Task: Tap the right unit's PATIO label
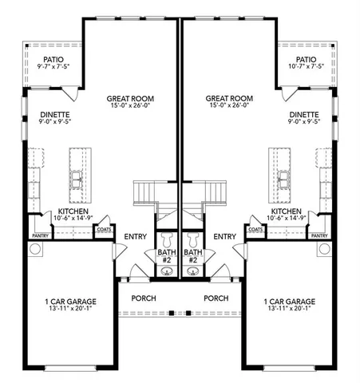pos(307,60)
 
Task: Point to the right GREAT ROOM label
pos(229,100)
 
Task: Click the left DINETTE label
pos(54,116)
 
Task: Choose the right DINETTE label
pos(306,116)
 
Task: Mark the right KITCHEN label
pos(286,211)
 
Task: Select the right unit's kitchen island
pos(281,176)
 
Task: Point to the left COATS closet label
pos(105,230)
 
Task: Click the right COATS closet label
pos(255,230)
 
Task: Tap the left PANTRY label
pos(40,236)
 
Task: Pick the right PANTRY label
pos(319,236)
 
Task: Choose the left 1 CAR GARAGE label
pos(70,302)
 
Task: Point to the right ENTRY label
pos(225,237)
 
